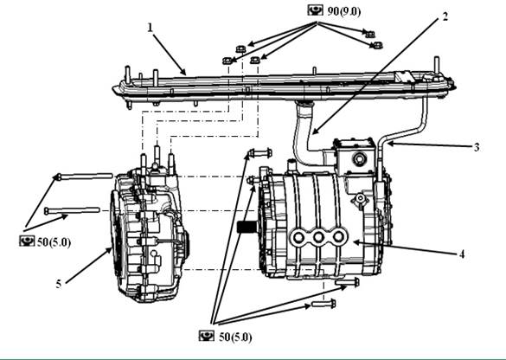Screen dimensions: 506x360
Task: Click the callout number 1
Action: tap(150, 28)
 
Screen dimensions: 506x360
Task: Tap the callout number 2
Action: tap(445, 16)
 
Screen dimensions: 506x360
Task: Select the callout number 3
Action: tap(477, 147)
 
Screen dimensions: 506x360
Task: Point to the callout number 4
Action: tap(462, 254)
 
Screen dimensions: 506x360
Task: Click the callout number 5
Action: tap(59, 284)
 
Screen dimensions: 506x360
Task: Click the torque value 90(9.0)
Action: tap(344, 11)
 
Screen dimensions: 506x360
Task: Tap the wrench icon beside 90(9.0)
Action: tap(316, 10)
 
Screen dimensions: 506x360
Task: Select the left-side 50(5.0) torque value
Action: tap(54, 242)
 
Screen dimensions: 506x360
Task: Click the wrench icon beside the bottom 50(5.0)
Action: tap(207, 336)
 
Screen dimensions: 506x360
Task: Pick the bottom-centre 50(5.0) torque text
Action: tap(235, 337)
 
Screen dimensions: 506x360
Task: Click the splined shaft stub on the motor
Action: tap(248, 228)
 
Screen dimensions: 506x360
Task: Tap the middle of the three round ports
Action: tap(318, 238)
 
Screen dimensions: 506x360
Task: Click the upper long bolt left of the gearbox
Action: tap(85, 177)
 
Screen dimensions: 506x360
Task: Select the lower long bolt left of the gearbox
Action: tap(72, 211)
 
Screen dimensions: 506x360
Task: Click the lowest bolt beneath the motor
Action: tap(323, 304)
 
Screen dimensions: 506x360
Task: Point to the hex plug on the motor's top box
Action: tap(359, 158)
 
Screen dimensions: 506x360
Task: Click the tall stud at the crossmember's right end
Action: tap(437, 67)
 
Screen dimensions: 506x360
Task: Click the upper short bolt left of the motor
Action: tap(259, 152)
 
